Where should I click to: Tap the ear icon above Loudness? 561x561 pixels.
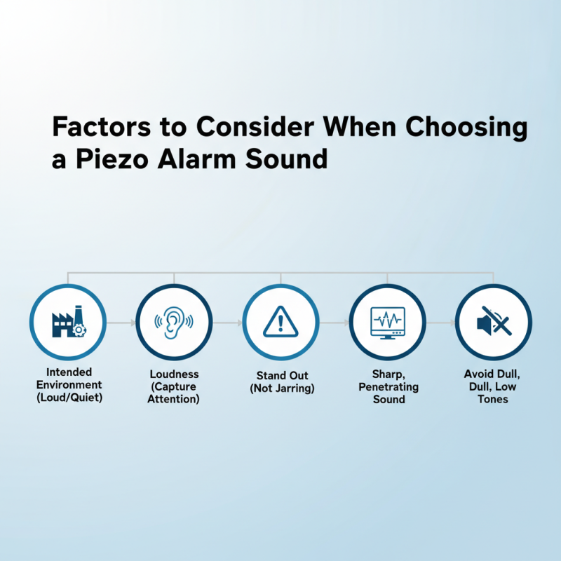tap(174, 323)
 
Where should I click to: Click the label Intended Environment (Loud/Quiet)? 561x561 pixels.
tap(68, 384)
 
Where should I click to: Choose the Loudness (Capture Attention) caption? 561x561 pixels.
tap(174, 386)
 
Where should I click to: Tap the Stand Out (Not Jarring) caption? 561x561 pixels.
tap(280, 381)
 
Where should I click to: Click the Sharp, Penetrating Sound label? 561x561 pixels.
tap(388, 386)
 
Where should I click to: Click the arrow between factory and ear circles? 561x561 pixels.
tap(121, 323)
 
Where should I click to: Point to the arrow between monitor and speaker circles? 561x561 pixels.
tap(440, 323)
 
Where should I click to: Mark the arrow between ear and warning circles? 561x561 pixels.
tap(227, 323)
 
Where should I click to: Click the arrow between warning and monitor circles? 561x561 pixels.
tap(334, 323)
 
